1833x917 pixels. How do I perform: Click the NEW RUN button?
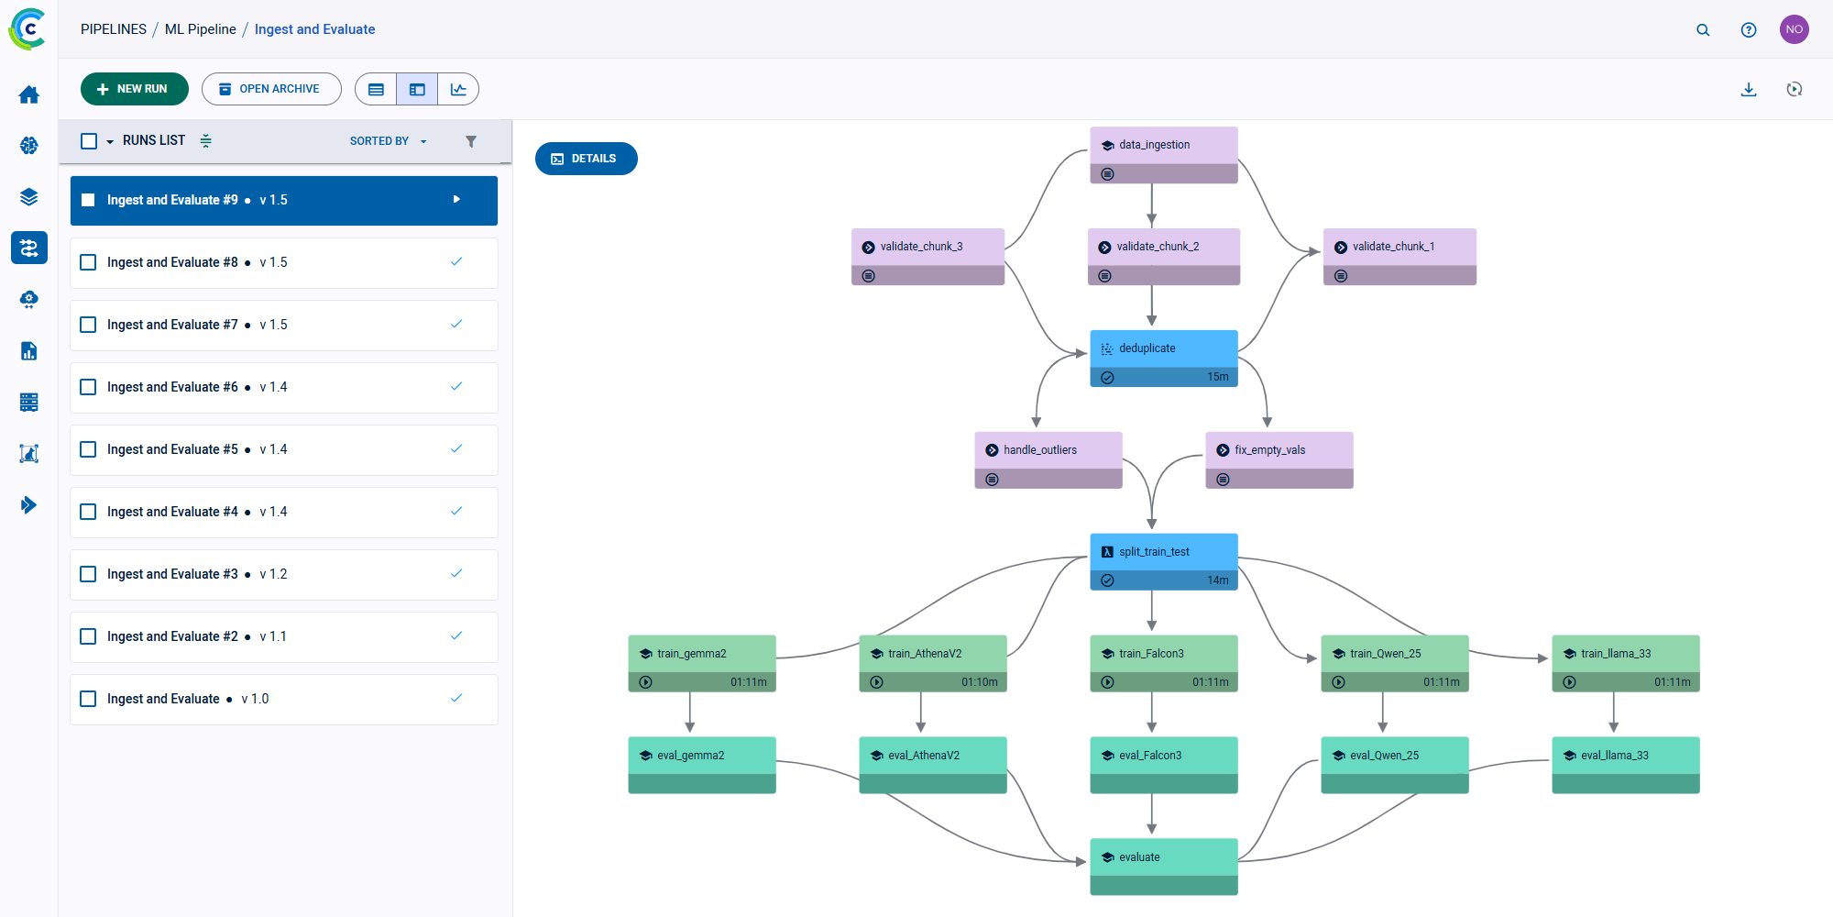click(134, 89)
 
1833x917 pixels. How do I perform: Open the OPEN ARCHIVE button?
click(270, 89)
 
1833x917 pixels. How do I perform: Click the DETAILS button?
click(586, 159)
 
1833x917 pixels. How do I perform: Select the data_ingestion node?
click(1163, 146)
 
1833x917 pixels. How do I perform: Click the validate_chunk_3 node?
click(927, 248)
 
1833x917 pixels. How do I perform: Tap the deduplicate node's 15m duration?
click(1217, 377)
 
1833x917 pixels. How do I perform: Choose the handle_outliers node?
click(1048, 450)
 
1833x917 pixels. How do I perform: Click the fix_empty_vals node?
click(1279, 450)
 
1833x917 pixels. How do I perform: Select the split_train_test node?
click(1163, 552)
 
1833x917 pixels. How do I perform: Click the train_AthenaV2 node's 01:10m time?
click(979, 682)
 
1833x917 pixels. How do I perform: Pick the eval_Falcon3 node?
click(1163, 757)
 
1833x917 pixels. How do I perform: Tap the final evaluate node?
click(1163, 858)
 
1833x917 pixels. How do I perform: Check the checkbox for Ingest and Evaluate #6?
click(88, 387)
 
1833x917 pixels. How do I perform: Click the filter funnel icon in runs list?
click(471, 141)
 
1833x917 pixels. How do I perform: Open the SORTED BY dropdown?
click(388, 141)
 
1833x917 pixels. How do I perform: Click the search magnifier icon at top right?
click(1703, 29)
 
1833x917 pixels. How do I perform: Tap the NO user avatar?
click(1794, 29)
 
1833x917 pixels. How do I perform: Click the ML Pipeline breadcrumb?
click(200, 29)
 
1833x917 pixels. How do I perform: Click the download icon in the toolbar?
click(1749, 89)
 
